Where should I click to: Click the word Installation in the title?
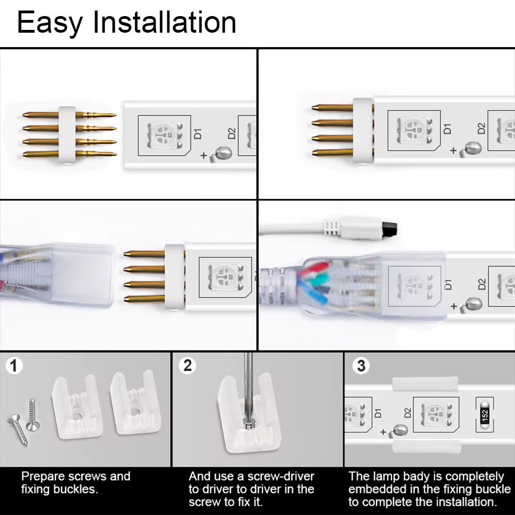coord(164,23)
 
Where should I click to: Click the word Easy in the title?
coord(49,23)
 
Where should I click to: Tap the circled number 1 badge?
coord(14,366)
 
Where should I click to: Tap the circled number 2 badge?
coord(188,365)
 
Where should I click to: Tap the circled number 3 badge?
coord(361,365)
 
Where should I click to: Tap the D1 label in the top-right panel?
coord(447,128)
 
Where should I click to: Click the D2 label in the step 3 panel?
coord(407,413)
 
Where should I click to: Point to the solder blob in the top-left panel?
coord(222,151)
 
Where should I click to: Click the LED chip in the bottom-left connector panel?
coord(225,275)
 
